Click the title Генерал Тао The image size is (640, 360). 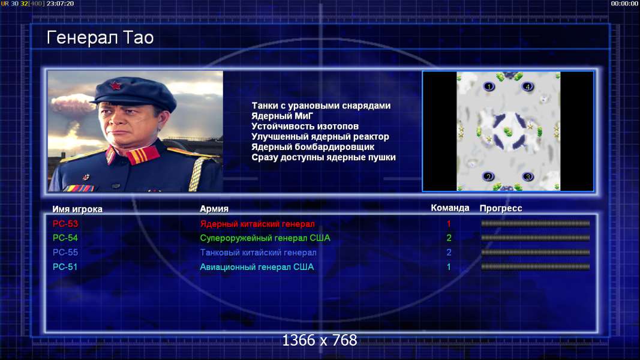point(100,38)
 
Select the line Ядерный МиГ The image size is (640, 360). point(282,116)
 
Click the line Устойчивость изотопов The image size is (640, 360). point(305,126)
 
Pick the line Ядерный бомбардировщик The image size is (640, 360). point(313,146)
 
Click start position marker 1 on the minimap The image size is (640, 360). point(489,86)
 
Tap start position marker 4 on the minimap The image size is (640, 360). point(528,86)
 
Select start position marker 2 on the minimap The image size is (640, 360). point(489,177)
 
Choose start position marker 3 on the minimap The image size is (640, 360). point(528,177)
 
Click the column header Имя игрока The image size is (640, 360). point(77,209)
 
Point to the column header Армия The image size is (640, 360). point(214,209)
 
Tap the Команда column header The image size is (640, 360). point(450,208)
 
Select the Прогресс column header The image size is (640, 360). point(501,208)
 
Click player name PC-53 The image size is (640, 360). point(65,224)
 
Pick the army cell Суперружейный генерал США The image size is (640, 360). point(265,238)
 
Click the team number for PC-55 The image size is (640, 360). point(449,252)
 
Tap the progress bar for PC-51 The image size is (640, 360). point(535,267)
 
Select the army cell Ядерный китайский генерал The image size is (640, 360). point(257,224)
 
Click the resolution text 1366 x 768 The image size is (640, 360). point(320,340)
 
